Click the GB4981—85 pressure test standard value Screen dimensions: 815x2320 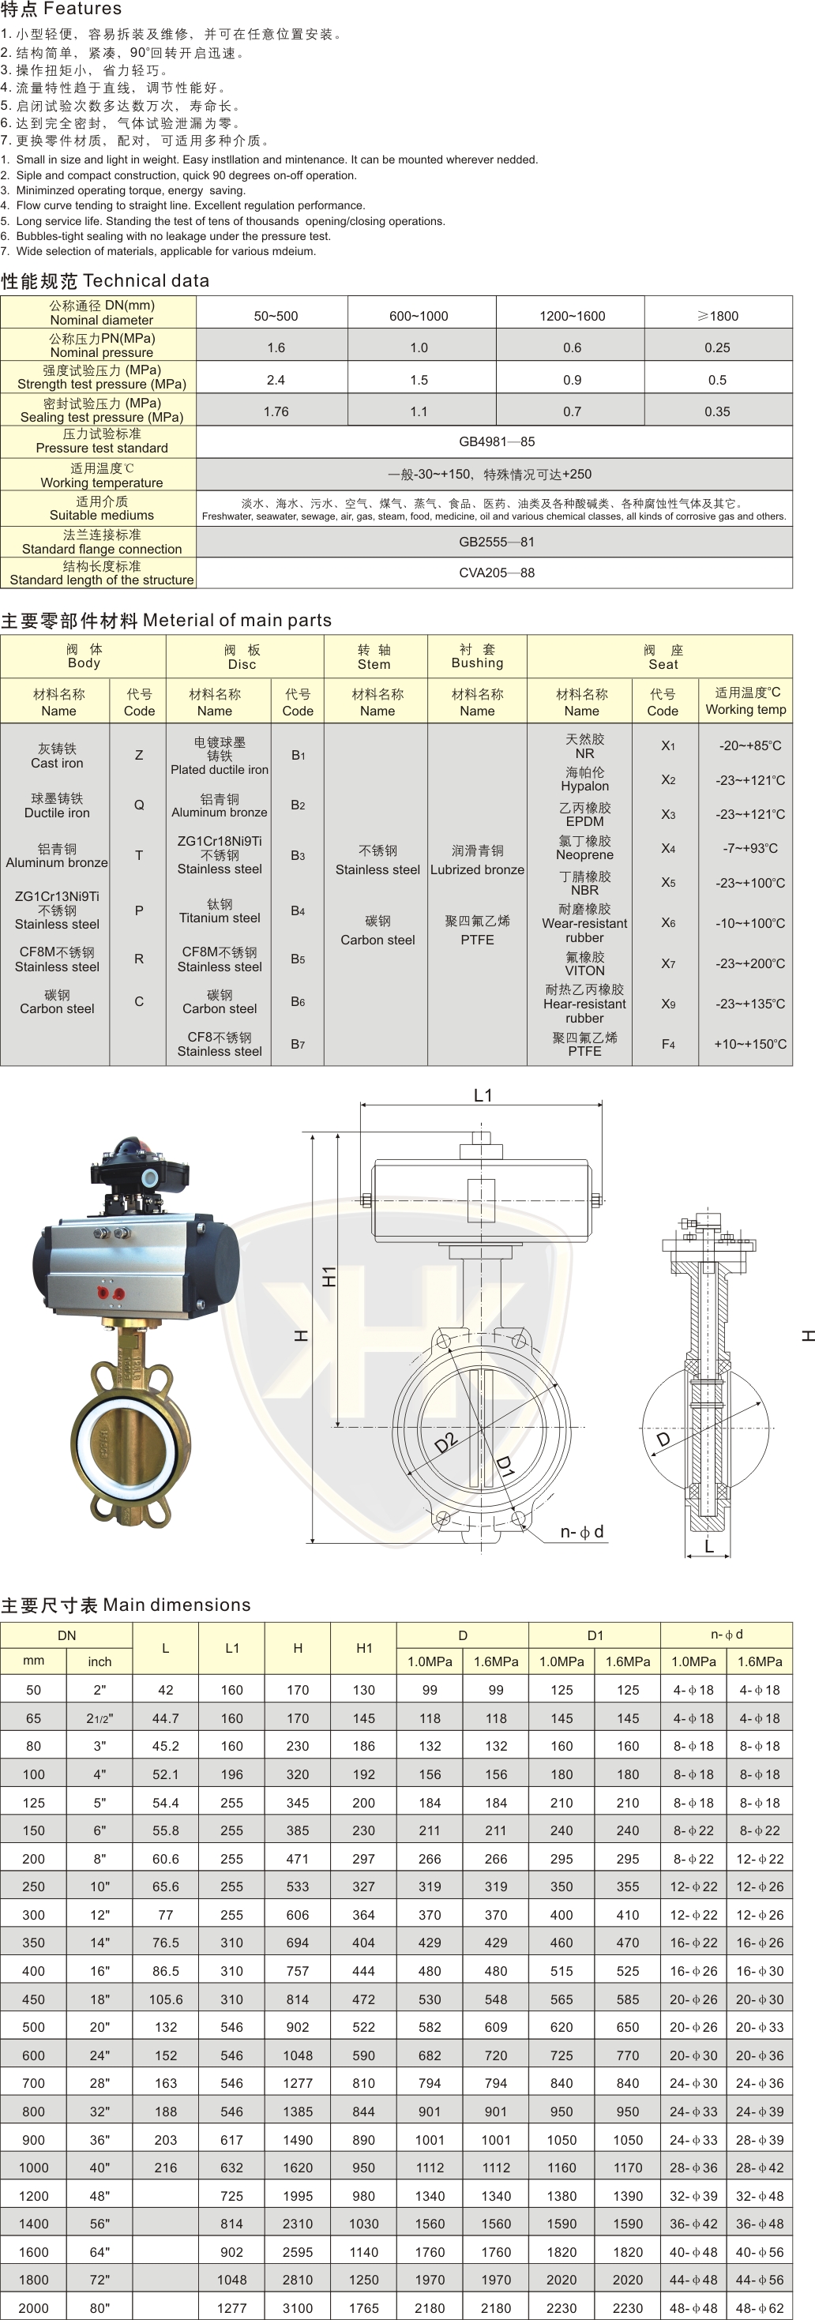coord(496,441)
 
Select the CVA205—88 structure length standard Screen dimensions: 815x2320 coord(496,572)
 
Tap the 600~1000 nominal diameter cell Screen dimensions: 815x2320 coord(419,316)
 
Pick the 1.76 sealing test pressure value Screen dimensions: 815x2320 coord(276,411)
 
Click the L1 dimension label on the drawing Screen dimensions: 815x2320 coord(483,1095)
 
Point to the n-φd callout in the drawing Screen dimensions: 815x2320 coord(582,1532)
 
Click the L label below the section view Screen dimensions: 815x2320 coord(708,1546)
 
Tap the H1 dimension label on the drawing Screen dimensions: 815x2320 coord(329,1276)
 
